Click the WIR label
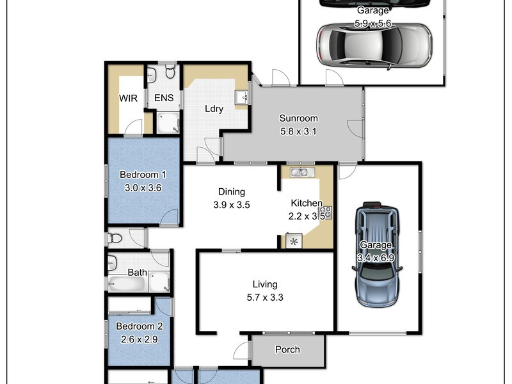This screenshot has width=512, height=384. (x=129, y=99)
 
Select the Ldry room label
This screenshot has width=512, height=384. (x=214, y=109)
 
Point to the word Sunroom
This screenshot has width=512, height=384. (x=298, y=118)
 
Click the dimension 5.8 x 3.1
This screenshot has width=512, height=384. (x=298, y=131)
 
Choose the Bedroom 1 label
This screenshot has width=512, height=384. (x=143, y=175)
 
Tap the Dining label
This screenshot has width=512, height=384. (x=232, y=191)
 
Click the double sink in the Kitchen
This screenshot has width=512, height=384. (x=298, y=172)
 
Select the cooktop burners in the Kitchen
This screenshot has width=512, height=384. (x=326, y=212)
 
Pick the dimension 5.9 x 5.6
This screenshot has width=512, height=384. (x=373, y=24)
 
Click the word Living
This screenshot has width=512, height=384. (x=264, y=284)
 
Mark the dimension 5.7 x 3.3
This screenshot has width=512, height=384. (x=264, y=297)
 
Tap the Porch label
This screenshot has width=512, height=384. (x=287, y=350)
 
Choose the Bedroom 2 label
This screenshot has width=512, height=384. (x=139, y=326)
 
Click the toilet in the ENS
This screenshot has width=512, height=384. (x=170, y=73)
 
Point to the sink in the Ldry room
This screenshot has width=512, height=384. (x=241, y=98)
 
